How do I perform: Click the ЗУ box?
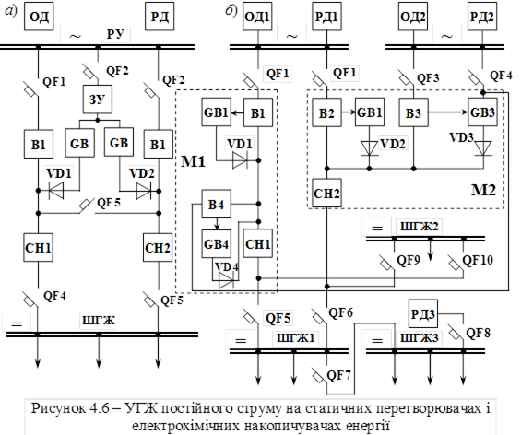98,100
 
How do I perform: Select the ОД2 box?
413,17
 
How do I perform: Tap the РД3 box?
423,313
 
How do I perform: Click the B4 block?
217,204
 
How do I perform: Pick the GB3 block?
483,112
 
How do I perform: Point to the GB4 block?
217,244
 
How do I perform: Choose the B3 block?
414,112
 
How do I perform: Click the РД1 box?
326,17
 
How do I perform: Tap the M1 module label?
193,161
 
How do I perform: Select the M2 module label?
483,190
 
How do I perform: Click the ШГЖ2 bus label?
420,227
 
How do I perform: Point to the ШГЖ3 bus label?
420,338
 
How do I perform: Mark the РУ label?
115,34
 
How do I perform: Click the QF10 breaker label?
478,260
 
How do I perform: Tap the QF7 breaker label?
338,376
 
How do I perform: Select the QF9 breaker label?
409,260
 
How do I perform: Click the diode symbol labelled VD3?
483,148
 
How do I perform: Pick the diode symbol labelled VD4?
226,282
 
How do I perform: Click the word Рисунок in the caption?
58,408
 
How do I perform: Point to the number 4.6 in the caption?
99,408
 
